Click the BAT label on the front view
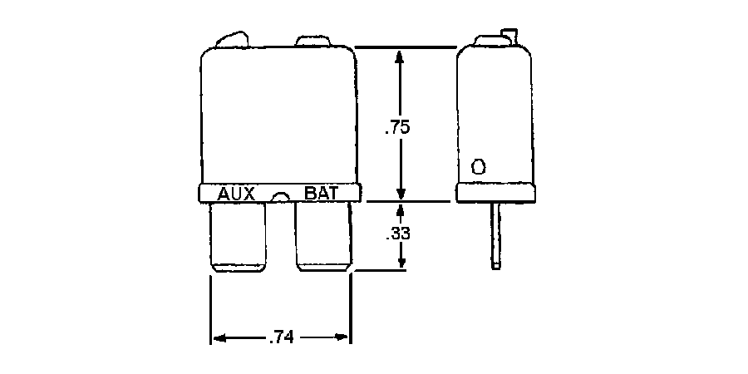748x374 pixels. click(321, 193)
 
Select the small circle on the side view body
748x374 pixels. click(478, 166)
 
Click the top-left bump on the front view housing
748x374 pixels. click(232, 39)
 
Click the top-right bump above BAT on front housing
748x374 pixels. click(314, 41)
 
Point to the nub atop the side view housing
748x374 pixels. click(508, 35)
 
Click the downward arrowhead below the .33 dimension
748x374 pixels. click(401, 261)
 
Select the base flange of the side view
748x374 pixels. click(495, 193)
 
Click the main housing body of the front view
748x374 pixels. click(278, 116)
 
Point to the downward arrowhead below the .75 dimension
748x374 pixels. click(401, 190)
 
